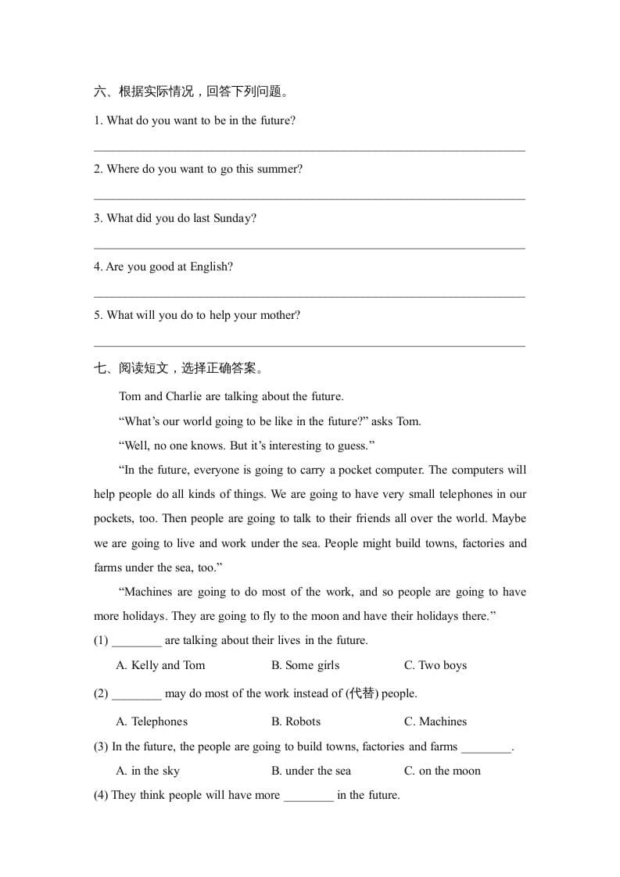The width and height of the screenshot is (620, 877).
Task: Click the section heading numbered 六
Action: [x=191, y=92]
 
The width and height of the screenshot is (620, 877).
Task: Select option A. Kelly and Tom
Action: [x=160, y=665]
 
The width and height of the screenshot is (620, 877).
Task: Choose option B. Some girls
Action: [x=305, y=665]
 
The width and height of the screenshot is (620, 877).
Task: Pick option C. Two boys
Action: [x=435, y=665]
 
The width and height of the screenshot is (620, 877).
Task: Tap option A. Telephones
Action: [x=152, y=721]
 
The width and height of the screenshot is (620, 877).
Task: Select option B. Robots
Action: [x=296, y=721]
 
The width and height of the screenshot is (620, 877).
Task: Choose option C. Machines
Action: [x=435, y=721]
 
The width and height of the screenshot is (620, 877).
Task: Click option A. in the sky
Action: [x=148, y=771]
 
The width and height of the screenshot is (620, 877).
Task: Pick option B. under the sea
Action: [x=311, y=771]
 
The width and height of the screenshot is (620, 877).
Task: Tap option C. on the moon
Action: [x=442, y=771]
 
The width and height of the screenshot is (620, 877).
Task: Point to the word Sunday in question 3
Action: [x=235, y=218]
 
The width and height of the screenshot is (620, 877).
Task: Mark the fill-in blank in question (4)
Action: [x=308, y=796]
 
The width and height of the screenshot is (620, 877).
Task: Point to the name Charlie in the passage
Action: [x=184, y=396]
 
